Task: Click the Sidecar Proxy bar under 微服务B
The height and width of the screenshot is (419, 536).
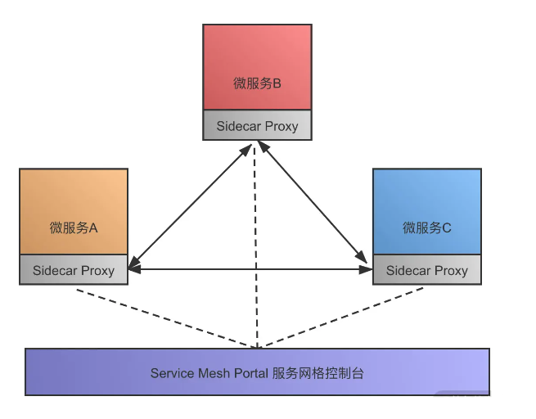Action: pos(257,127)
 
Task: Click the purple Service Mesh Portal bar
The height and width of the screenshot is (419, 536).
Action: pos(257,372)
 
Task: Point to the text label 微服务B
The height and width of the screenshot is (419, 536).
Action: pos(257,83)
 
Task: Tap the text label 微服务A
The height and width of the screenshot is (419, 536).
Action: pos(74,228)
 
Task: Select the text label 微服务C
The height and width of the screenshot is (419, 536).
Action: pos(427,228)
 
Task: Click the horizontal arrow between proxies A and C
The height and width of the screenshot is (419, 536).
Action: pos(250,268)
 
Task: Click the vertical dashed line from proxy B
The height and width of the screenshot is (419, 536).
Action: pos(256,246)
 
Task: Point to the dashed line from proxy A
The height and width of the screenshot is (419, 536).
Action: pos(164,318)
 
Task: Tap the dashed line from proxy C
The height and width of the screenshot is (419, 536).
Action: pos(344,319)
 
